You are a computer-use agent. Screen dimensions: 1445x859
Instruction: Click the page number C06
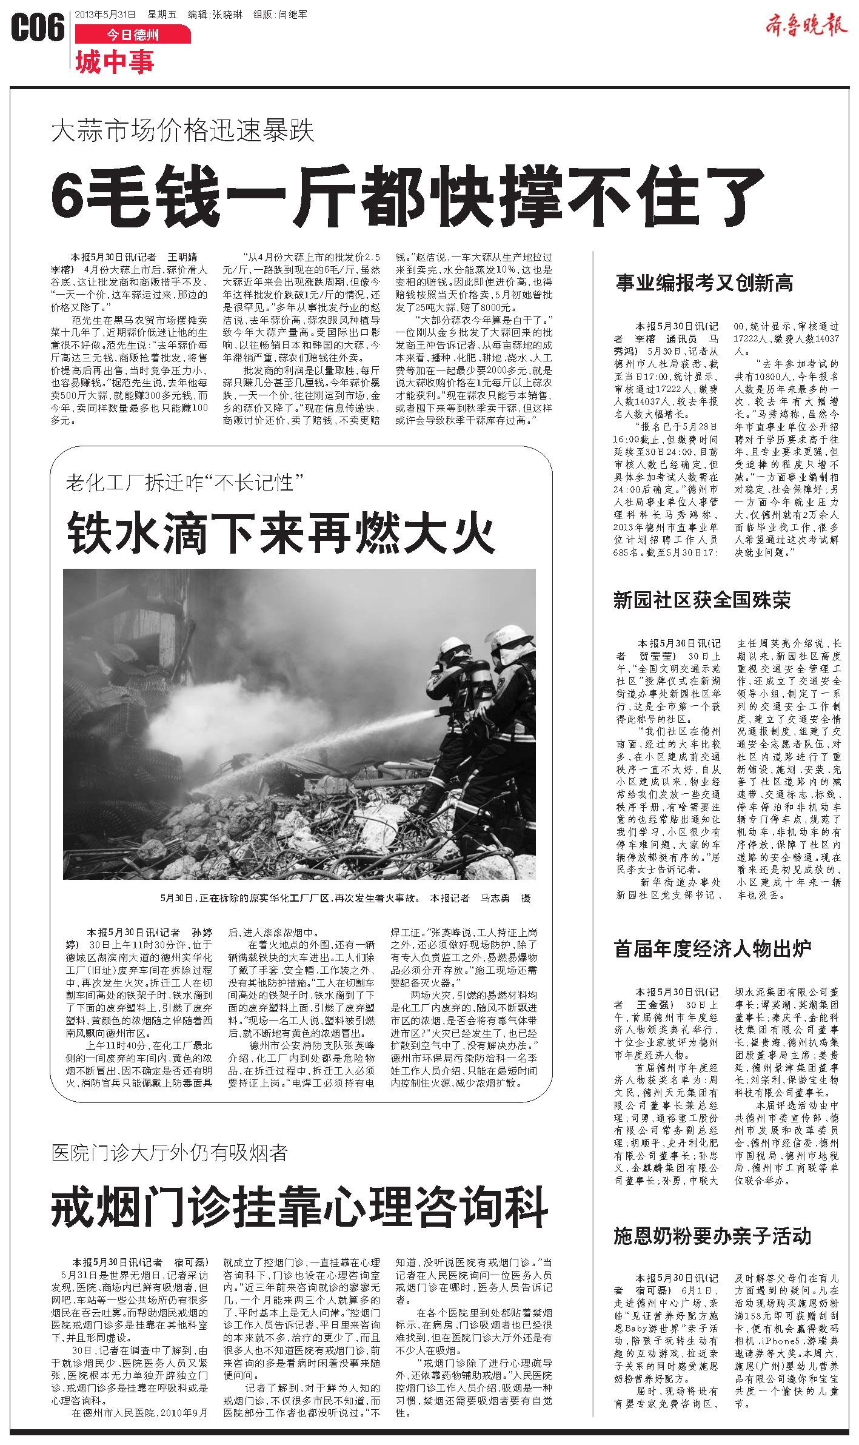38,28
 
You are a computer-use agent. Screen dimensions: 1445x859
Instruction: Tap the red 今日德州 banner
133,35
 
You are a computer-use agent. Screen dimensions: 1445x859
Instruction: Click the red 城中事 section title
115,62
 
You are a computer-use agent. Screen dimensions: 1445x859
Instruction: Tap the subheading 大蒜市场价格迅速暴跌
183,130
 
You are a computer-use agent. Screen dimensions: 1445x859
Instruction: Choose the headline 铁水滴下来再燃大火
281,531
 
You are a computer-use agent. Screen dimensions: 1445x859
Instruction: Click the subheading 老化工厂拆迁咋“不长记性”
185,483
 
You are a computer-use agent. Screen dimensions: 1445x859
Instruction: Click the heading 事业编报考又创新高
704,283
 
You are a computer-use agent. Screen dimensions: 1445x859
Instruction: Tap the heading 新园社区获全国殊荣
702,601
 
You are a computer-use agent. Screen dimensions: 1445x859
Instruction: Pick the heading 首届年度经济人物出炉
712,948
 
